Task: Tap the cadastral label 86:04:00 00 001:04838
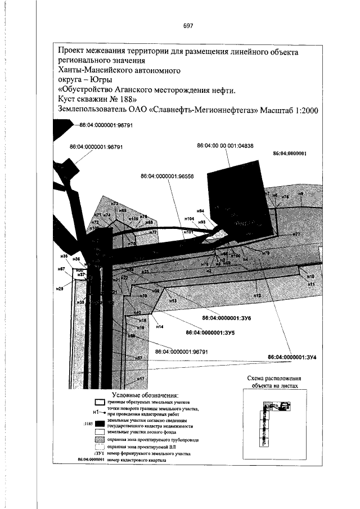pos(225,146)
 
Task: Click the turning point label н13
pos(173,301)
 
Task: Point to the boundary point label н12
pos(258,295)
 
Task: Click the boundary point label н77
pos(296,234)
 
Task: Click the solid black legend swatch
pos(100,423)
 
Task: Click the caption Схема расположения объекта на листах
pos(274,382)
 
